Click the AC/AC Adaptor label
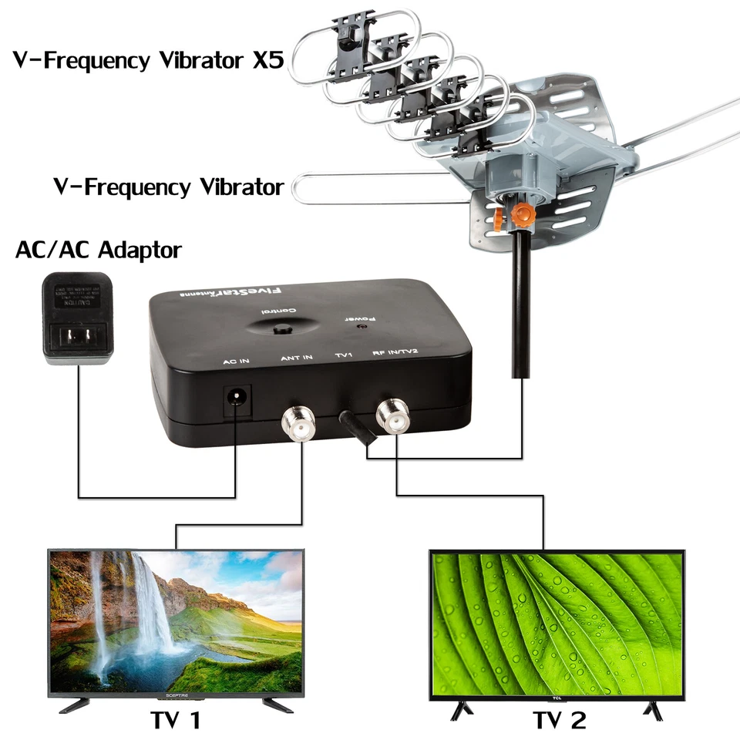point(98,250)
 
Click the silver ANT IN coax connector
point(299,420)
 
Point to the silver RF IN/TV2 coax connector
point(393,417)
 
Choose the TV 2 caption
point(560,721)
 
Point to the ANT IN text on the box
point(296,357)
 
